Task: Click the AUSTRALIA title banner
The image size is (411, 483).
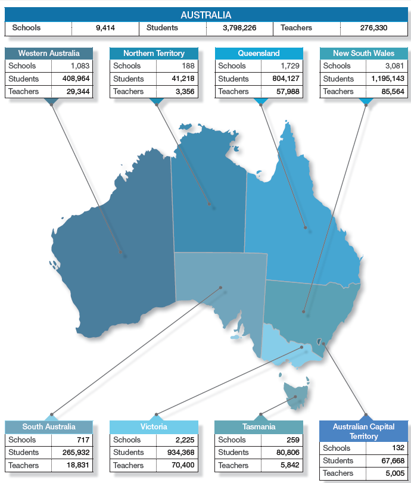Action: click(x=205, y=15)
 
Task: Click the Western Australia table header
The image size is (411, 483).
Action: click(x=49, y=54)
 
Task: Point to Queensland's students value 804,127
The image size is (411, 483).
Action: click(x=283, y=79)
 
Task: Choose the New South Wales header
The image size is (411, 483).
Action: click(x=363, y=54)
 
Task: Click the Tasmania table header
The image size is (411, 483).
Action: click(x=259, y=427)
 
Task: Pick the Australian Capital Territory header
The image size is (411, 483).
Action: click(x=363, y=431)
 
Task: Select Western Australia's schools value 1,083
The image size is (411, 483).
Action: click(x=80, y=66)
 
